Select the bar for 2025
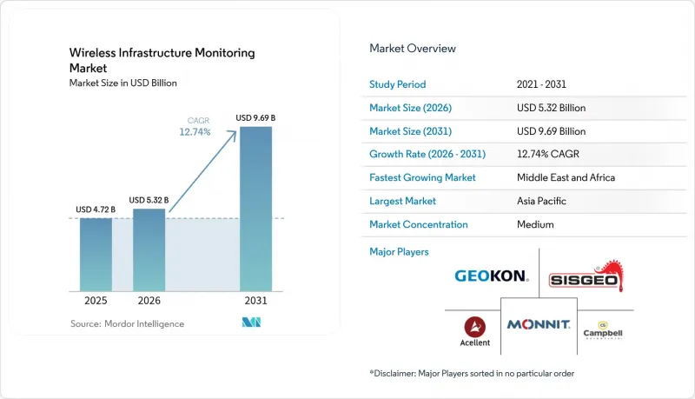click(96, 255)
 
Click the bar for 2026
click(149, 250)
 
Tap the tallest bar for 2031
click(255, 209)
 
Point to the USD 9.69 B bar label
click(255, 118)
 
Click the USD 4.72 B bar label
click(96, 209)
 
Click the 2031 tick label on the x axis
click(255, 301)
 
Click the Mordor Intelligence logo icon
click(251, 323)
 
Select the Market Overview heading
click(413, 49)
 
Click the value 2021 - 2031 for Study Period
click(541, 84)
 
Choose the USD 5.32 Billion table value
click(551, 108)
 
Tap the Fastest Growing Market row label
click(422, 177)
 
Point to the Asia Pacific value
click(541, 201)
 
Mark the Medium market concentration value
click(535, 224)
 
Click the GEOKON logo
click(492, 276)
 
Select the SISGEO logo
click(586, 276)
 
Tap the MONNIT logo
click(539, 324)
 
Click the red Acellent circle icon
click(474, 327)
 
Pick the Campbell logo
click(603, 330)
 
